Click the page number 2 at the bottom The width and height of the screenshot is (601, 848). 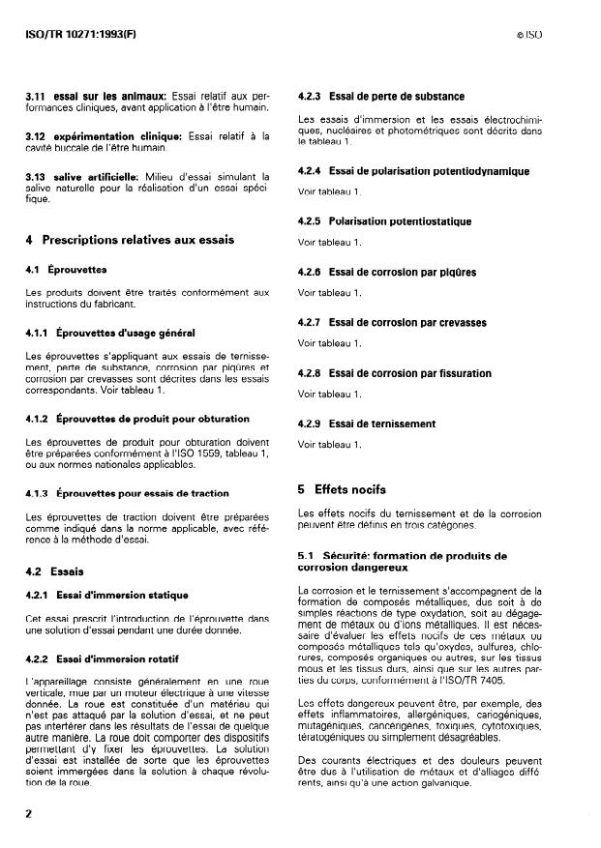point(29,813)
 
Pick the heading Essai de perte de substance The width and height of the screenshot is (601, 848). point(397,97)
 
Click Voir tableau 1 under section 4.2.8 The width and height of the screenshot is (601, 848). point(330,394)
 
